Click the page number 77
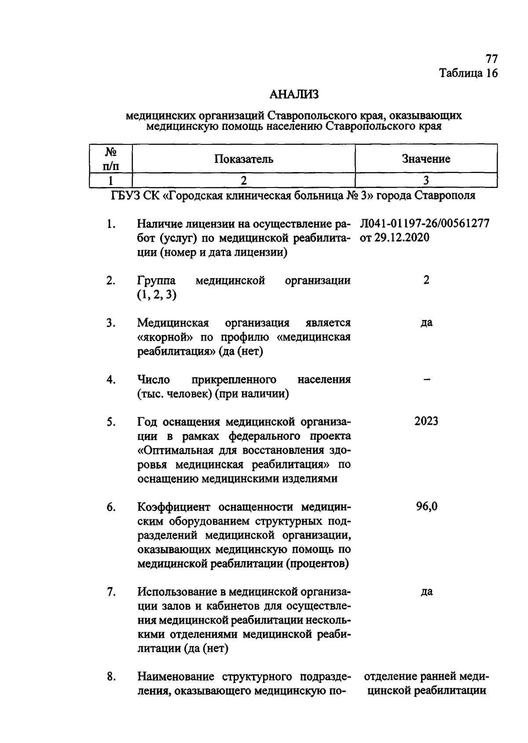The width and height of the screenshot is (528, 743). coord(491,59)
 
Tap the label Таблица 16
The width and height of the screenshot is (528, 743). coord(469,73)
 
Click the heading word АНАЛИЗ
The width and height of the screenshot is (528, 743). coord(293,94)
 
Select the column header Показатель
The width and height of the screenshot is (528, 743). coord(244,159)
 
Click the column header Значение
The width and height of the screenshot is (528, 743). coord(426,159)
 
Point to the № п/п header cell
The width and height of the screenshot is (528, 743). coord(111,159)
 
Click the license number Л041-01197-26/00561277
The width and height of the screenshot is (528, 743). coord(425,224)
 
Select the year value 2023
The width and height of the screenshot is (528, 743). coord(426,421)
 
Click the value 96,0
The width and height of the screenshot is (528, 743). coord(426,507)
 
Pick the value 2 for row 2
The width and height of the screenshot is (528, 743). coord(426,280)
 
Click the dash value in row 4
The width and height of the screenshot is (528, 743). coord(426,379)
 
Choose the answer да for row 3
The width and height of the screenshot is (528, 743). coord(426,323)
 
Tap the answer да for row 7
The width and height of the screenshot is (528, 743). coord(426,592)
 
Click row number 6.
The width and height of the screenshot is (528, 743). coord(111,508)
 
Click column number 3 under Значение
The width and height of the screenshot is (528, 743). coord(426,180)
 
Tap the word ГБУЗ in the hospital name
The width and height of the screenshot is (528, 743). coord(126,195)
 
